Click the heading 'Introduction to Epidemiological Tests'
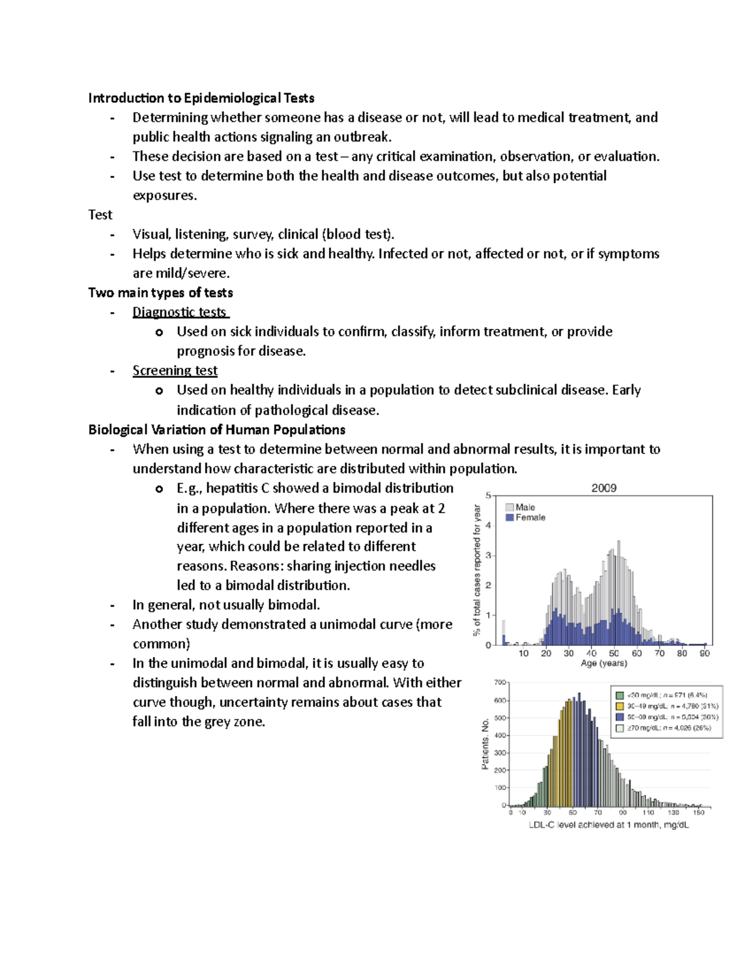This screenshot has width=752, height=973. pyautogui.click(x=201, y=98)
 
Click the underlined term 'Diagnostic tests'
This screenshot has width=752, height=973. pyautogui.click(x=180, y=312)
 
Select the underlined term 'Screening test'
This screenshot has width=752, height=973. pyautogui.click(x=175, y=370)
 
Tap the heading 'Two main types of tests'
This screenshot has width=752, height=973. pyautogui.click(x=160, y=293)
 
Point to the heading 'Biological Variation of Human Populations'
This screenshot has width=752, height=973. pyautogui.click(x=217, y=430)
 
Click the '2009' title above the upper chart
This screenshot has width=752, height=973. pyautogui.click(x=603, y=488)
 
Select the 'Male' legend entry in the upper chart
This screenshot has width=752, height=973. pyautogui.click(x=525, y=507)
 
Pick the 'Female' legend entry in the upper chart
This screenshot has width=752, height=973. pyautogui.click(x=530, y=518)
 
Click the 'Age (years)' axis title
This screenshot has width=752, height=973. pyautogui.click(x=603, y=663)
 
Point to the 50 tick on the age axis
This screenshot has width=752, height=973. pyautogui.click(x=614, y=653)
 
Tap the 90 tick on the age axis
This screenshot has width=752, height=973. pyautogui.click(x=704, y=653)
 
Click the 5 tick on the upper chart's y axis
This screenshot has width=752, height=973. pyautogui.click(x=489, y=496)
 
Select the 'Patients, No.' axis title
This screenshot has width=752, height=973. pyautogui.click(x=485, y=744)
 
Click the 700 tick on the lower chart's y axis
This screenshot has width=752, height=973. pyautogui.click(x=500, y=682)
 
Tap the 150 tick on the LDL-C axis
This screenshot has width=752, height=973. pyautogui.click(x=698, y=813)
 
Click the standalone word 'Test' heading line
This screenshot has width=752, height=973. pyautogui.click(x=100, y=215)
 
